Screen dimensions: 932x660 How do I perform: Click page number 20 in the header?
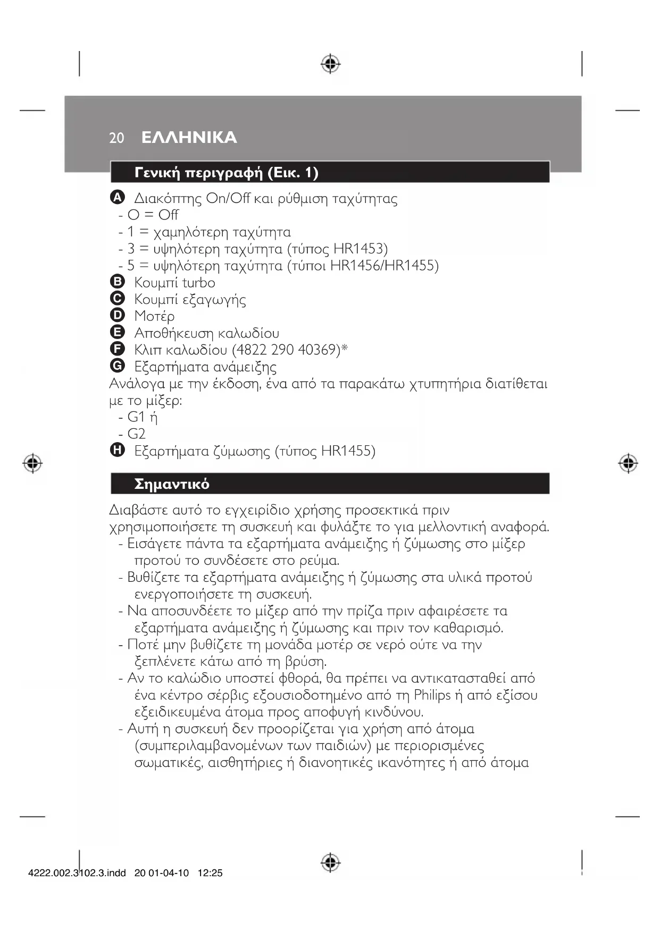pyautogui.click(x=116, y=138)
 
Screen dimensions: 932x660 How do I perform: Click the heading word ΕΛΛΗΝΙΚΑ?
pyautogui.click(x=189, y=138)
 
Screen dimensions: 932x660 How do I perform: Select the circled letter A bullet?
pyautogui.click(x=117, y=198)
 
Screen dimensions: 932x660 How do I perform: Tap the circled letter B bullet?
pyautogui.click(x=117, y=282)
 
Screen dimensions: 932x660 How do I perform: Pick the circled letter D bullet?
pyautogui.click(x=117, y=316)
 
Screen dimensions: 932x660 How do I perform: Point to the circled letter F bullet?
pyautogui.click(x=117, y=349)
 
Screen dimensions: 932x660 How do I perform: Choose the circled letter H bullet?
pyautogui.click(x=117, y=451)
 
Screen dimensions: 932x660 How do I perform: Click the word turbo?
pyautogui.click(x=198, y=283)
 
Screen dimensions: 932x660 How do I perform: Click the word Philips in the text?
pyautogui.click(x=432, y=695)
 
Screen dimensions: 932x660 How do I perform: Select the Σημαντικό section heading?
pyautogui.click(x=172, y=484)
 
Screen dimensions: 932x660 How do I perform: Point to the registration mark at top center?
pyautogui.click(x=330, y=64)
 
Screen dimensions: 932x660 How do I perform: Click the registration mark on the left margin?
pyautogui.click(x=32, y=463)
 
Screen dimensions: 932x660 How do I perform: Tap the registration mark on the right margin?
pyautogui.click(x=628, y=463)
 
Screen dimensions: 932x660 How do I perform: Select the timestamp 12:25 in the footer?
pyautogui.click(x=210, y=873)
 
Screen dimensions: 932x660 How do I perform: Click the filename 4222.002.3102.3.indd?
pyautogui.click(x=77, y=873)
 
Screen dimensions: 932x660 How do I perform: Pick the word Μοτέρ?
pyautogui.click(x=154, y=316)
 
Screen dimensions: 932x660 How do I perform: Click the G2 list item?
pyautogui.click(x=136, y=434)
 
